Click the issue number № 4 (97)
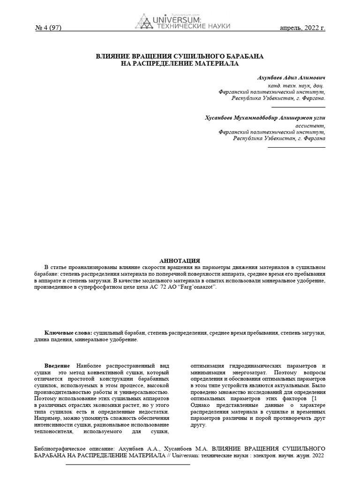tap(48, 28)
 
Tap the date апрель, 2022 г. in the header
tap(302, 28)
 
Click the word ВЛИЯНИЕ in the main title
tap(113, 56)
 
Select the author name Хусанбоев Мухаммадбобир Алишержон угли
tap(265, 118)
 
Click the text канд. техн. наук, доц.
tap(295, 86)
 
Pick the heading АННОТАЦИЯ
tap(180, 261)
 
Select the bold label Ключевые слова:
tap(68, 332)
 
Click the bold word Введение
tap(57, 366)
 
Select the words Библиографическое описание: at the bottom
tap(72, 448)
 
